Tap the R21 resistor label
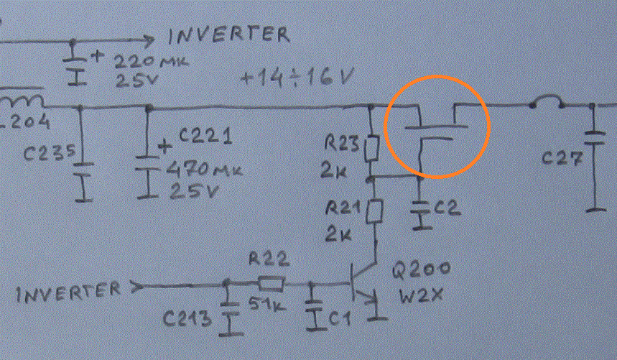click(x=343, y=208)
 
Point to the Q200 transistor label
click(x=422, y=269)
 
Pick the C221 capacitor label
click(x=203, y=135)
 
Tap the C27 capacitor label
click(x=560, y=160)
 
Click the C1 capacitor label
click(x=339, y=314)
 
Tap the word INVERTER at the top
click(x=229, y=34)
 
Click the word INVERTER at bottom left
click(x=69, y=291)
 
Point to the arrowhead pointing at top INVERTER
click(x=147, y=40)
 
